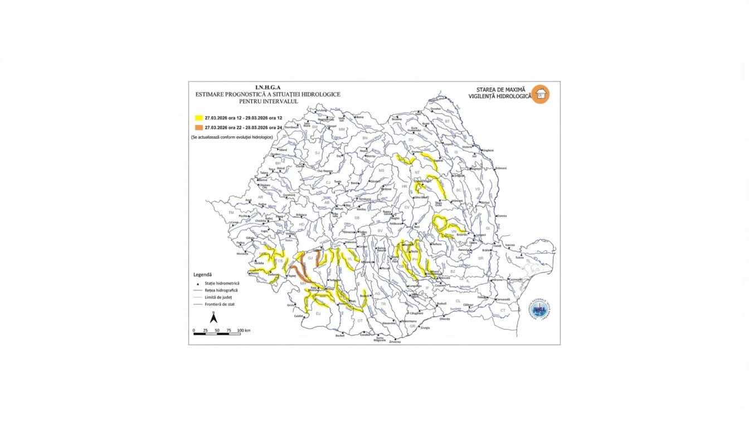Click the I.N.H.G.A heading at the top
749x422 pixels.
point(267,88)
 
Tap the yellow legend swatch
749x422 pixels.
point(198,118)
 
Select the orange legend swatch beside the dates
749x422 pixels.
point(198,128)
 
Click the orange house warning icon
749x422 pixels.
point(540,94)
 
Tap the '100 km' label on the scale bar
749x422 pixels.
point(244,330)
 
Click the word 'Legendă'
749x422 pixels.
point(202,275)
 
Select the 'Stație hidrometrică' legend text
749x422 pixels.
point(222,284)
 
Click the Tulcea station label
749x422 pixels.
point(520,258)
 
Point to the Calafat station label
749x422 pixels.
point(299,316)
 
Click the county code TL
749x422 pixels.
point(528,261)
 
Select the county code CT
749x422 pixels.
point(503,310)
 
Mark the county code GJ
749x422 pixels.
point(310,258)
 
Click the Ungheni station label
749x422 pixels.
point(488,150)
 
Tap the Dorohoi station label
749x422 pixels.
point(436,109)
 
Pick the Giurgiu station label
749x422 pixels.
point(425,328)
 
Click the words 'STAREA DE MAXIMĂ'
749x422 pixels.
point(500,89)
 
